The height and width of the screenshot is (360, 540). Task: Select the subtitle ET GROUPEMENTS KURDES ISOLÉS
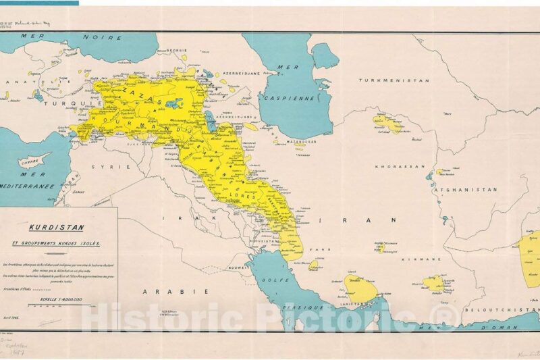(59, 242)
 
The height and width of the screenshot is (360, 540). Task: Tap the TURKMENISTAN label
(394, 80)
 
